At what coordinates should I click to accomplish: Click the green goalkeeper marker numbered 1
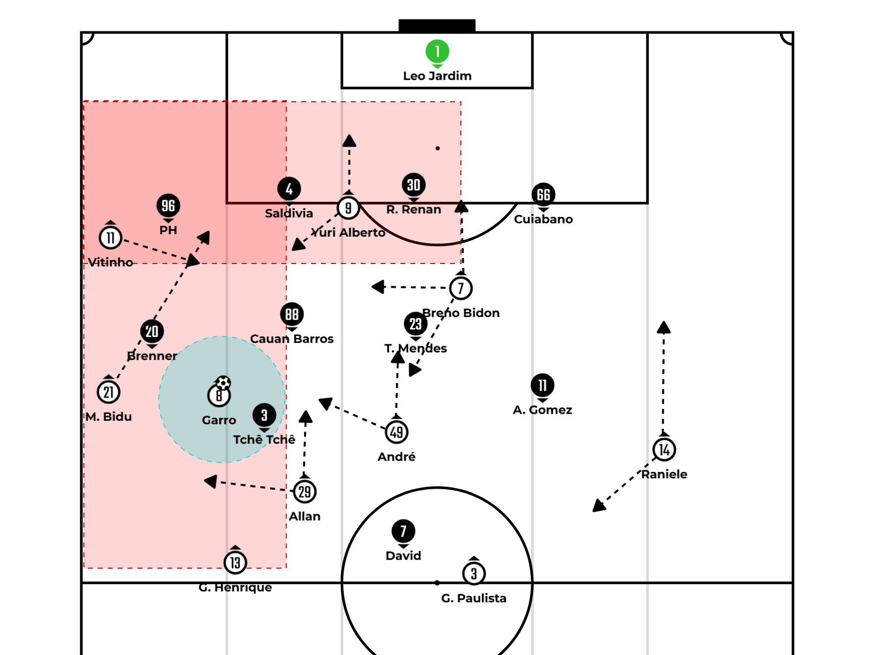pyautogui.click(x=437, y=51)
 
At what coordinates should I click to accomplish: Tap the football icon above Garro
pyautogui.click(x=224, y=383)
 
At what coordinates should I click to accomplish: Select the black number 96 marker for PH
pyautogui.click(x=168, y=205)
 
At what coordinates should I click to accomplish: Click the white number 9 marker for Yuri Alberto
pyautogui.click(x=348, y=208)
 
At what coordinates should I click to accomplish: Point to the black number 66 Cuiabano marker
pyautogui.click(x=543, y=195)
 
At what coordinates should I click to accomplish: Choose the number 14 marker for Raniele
pyautogui.click(x=664, y=450)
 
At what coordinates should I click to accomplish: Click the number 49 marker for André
pyautogui.click(x=396, y=432)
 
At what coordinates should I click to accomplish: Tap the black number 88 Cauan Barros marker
pyautogui.click(x=292, y=314)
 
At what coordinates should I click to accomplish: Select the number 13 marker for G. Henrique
pyautogui.click(x=235, y=563)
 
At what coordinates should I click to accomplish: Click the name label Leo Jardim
pyautogui.click(x=437, y=76)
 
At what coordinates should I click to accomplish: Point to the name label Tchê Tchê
pyautogui.click(x=264, y=440)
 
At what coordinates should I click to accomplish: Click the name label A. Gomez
pyautogui.click(x=543, y=410)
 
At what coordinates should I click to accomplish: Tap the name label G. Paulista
pyautogui.click(x=474, y=598)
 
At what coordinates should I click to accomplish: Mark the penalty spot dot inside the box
pyautogui.click(x=437, y=148)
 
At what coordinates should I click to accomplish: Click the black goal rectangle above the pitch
pyautogui.click(x=437, y=26)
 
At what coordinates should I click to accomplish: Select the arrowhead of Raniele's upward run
pyautogui.click(x=664, y=327)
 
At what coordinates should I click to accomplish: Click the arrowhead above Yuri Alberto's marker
pyautogui.click(x=349, y=140)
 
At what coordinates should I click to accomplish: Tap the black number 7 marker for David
pyautogui.click(x=403, y=531)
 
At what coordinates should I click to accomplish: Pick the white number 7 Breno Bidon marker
pyautogui.click(x=461, y=288)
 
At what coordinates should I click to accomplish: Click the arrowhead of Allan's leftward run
pyautogui.click(x=211, y=481)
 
